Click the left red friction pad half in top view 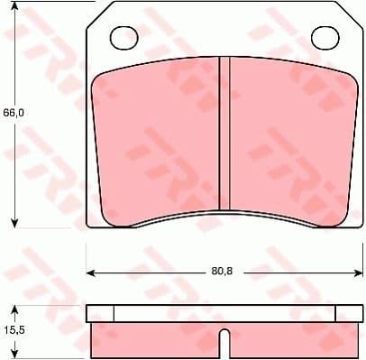(x=158, y=140)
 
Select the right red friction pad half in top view (x=288, y=140)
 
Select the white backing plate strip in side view (x=222, y=314)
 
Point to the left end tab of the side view (x=100, y=314)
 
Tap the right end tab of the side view (x=346, y=314)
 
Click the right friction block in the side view (x=288, y=338)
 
